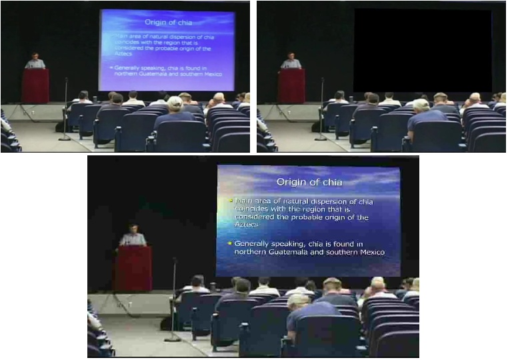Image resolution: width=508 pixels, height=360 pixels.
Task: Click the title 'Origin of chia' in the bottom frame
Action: click(307, 181)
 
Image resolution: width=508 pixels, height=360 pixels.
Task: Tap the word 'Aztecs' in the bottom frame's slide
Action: click(245, 225)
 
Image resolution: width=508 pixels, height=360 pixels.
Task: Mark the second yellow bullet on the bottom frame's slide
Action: click(230, 244)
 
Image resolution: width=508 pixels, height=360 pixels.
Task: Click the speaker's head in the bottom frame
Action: click(133, 229)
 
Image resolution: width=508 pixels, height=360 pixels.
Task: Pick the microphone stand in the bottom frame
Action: click(174, 300)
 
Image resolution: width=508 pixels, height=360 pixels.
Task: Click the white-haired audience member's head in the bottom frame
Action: click(299, 301)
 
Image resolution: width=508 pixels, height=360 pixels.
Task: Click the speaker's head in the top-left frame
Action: click(35, 56)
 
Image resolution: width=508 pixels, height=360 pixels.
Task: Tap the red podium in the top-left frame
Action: click(35, 85)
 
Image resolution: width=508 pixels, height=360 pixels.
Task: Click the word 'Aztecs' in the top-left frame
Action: click(121, 55)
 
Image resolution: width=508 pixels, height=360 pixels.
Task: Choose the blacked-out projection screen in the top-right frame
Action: click(423, 50)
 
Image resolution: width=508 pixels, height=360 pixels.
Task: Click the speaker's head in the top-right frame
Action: click(291, 56)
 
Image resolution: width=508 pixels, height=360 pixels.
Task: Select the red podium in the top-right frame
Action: click(291, 85)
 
